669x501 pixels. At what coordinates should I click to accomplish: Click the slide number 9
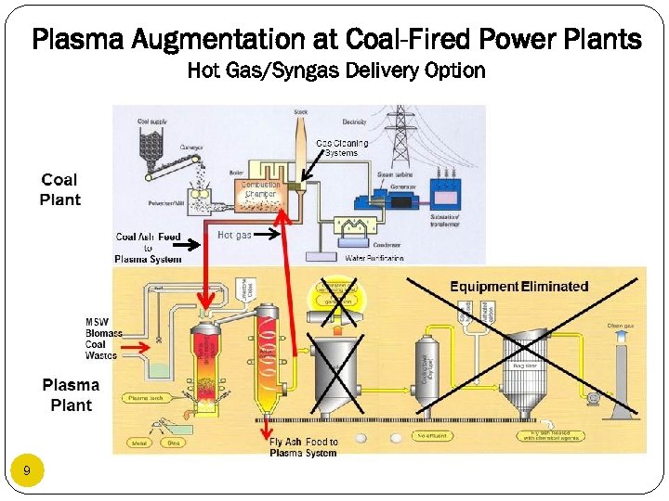[x=26, y=471]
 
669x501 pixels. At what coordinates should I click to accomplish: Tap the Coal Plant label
[x=60, y=189]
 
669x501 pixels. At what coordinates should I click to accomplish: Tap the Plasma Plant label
[x=71, y=394]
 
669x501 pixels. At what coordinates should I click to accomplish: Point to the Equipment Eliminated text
[x=518, y=286]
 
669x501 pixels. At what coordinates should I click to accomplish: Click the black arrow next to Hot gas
[x=267, y=236]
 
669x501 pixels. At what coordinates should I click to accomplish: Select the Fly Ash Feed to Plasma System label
[x=303, y=447]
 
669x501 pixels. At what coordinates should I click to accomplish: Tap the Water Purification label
[x=374, y=258]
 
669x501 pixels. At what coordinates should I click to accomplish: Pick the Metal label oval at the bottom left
[x=139, y=443]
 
